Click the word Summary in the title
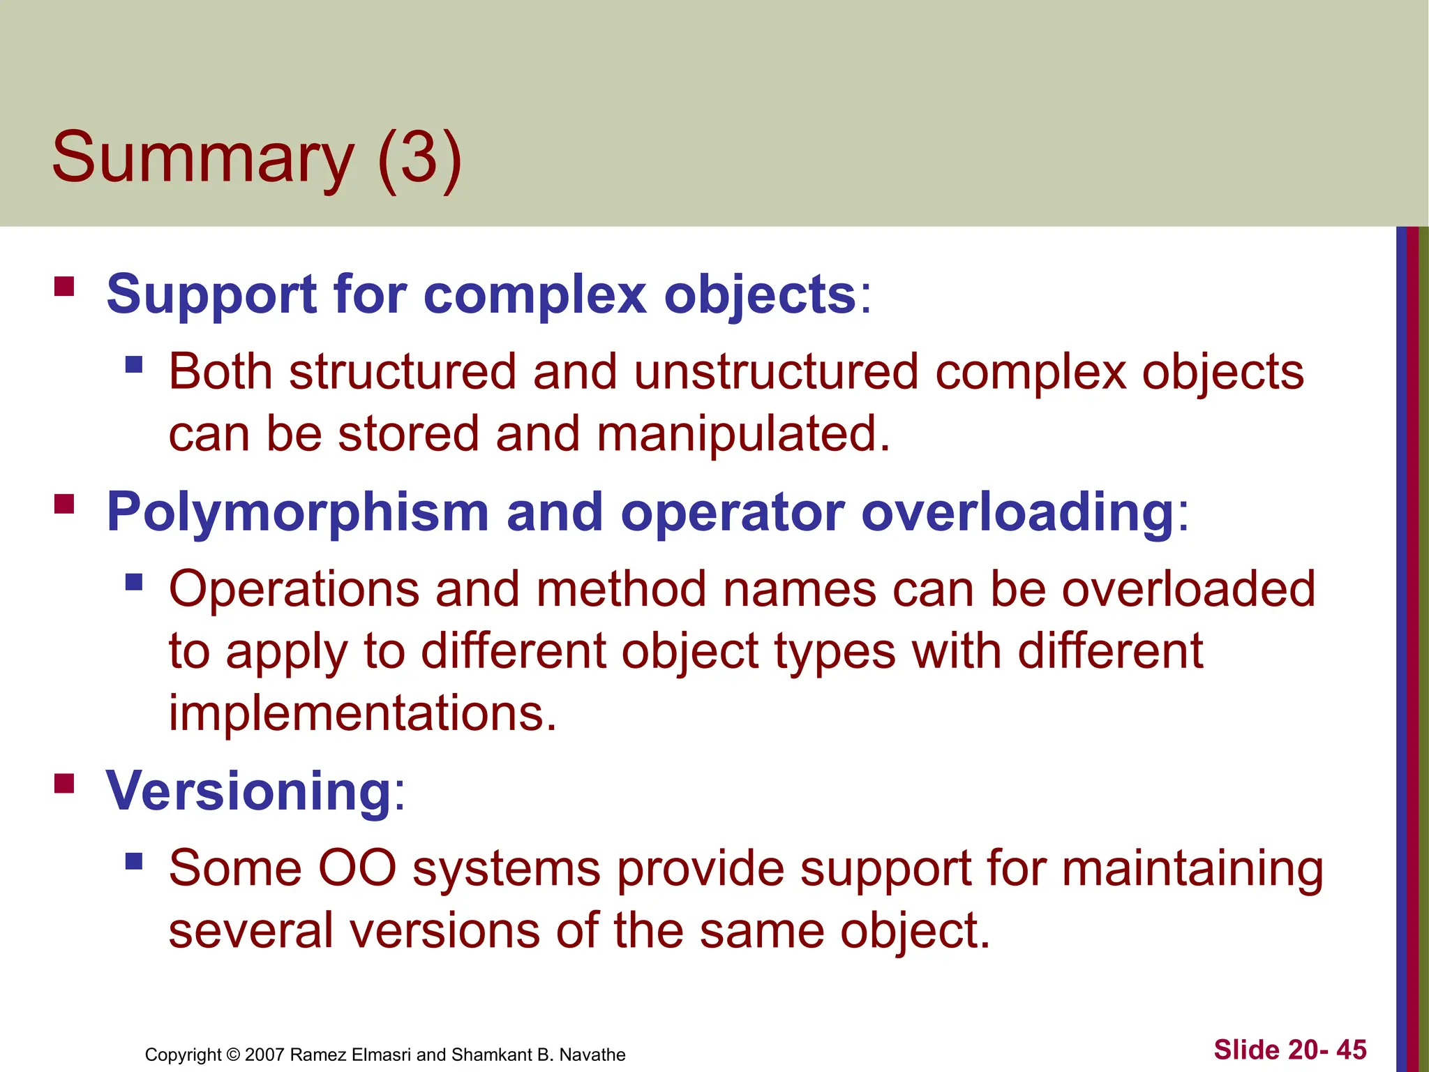(x=202, y=158)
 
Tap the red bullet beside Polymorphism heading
(x=64, y=504)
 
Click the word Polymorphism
(x=297, y=512)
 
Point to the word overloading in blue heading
(x=1018, y=512)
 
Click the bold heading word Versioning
(x=249, y=791)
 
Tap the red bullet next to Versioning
(x=64, y=783)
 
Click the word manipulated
(x=743, y=434)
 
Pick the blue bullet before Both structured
(x=134, y=364)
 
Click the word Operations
(x=294, y=590)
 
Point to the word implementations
(x=363, y=713)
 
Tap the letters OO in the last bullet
(x=357, y=869)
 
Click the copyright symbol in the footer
(x=233, y=1055)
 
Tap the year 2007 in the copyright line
(x=264, y=1055)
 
